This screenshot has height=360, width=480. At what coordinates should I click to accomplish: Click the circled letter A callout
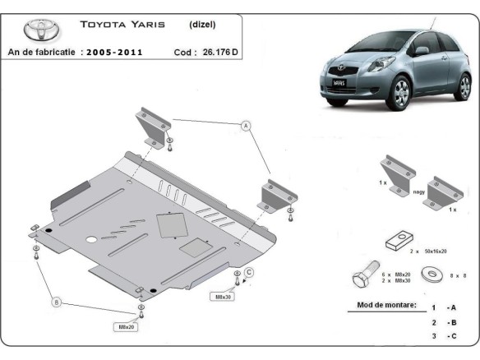click(x=244, y=126)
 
